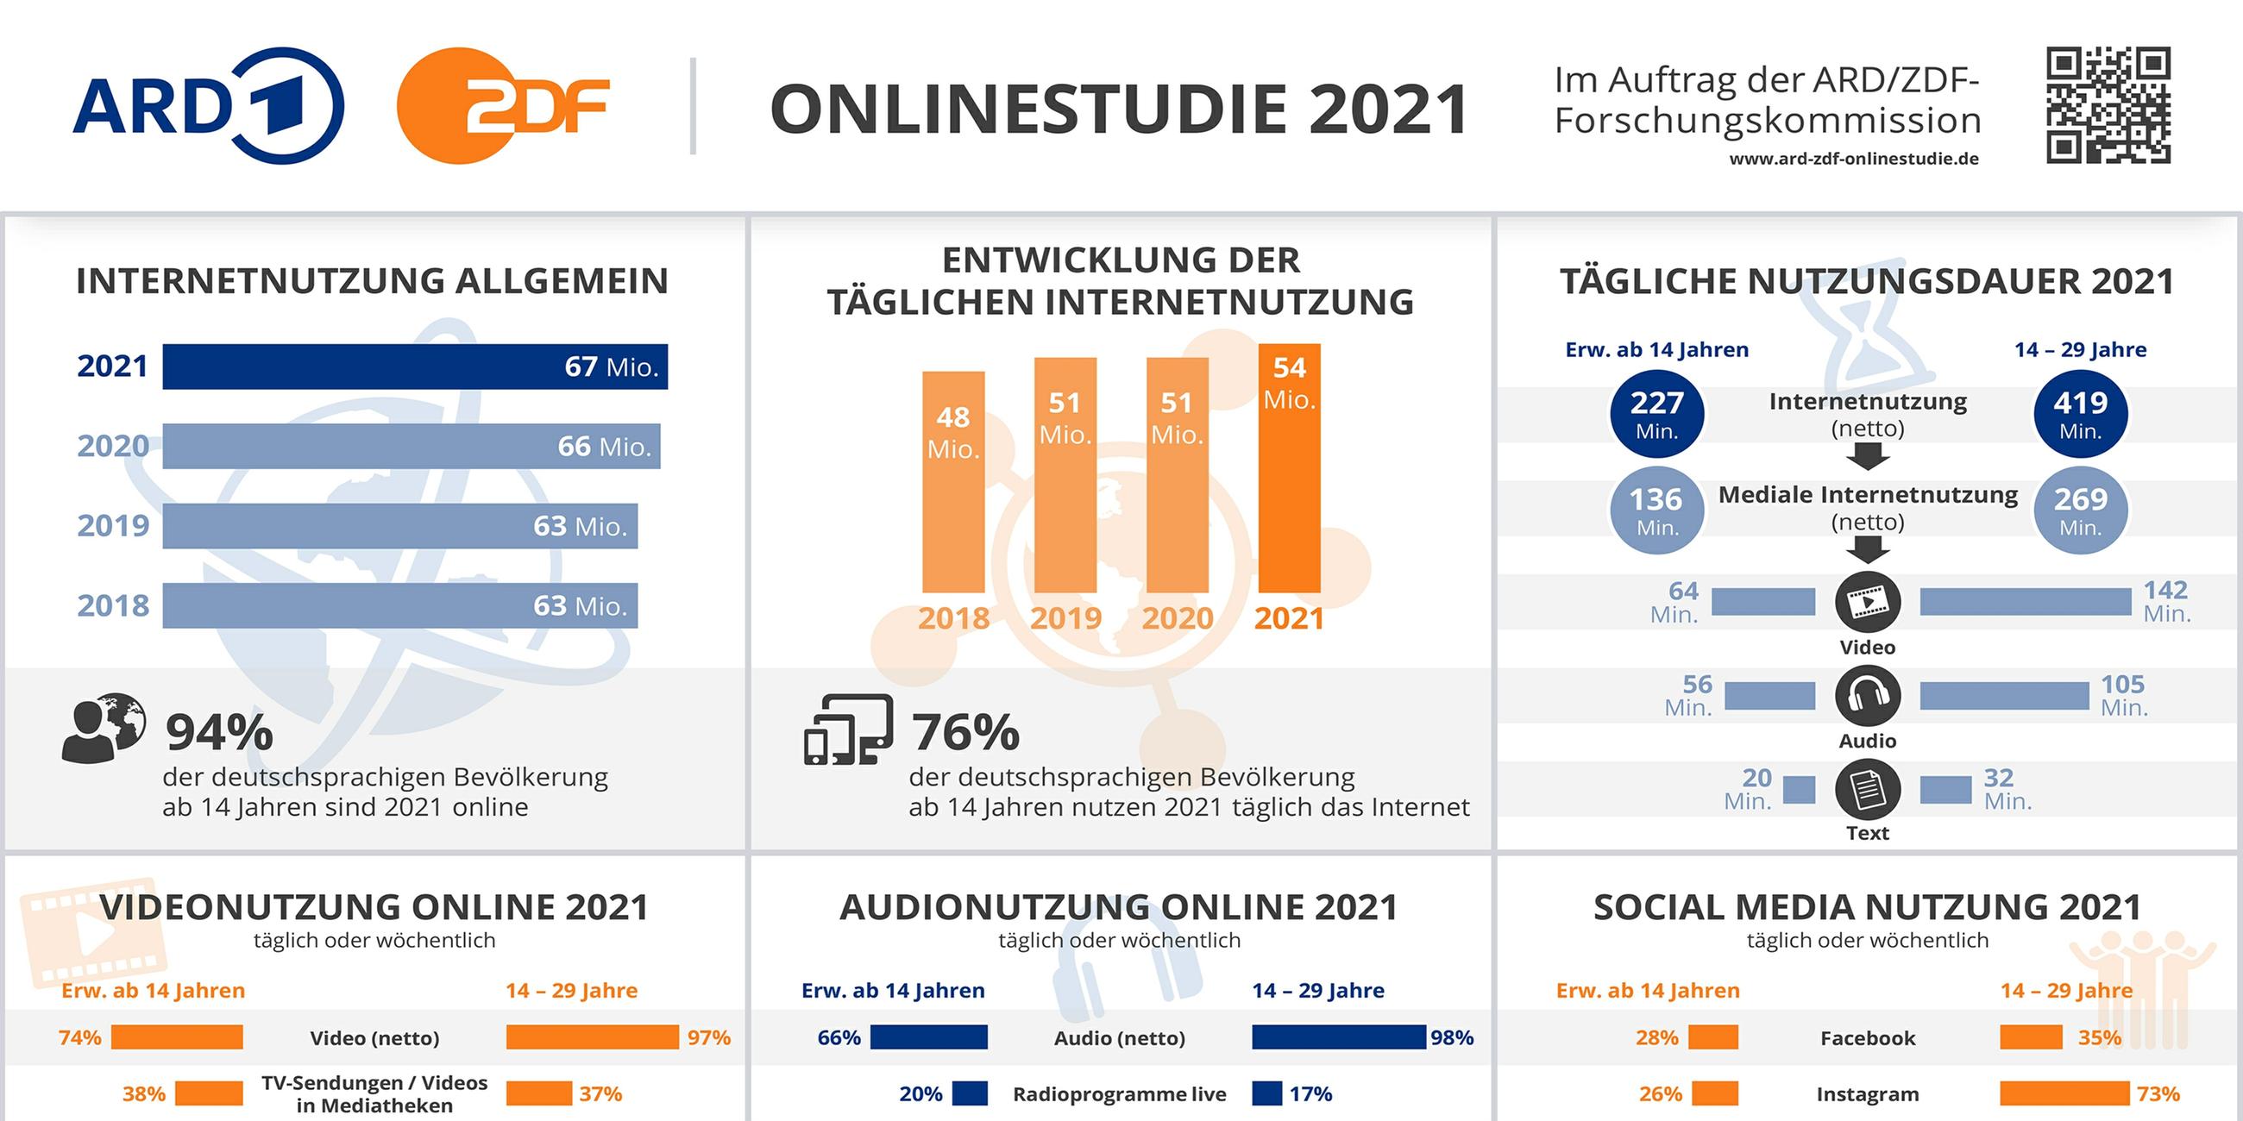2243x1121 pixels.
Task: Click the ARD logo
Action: coord(209,105)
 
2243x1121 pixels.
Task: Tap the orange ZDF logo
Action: coord(502,105)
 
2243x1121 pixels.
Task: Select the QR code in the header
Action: coord(2108,105)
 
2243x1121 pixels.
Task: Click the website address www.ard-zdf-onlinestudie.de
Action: coord(1854,160)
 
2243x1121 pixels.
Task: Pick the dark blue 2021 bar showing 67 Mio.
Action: coord(414,366)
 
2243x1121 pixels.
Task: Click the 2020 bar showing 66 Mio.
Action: coord(411,447)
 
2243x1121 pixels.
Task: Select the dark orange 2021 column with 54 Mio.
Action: coord(1289,467)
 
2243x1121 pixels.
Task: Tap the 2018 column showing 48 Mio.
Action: coord(953,481)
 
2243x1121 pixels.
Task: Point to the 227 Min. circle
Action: coord(1656,414)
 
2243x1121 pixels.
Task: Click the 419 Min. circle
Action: coord(2080,414)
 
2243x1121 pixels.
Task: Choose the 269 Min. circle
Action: coord(2080,510)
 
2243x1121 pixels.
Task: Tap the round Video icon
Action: coord(1868,601)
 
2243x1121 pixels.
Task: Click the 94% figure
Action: coord(219,732)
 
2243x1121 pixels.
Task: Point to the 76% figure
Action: coord(965,732)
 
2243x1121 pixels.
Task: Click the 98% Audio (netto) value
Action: coord(1452,1037)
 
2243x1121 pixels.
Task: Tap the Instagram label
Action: coord(1867,1094)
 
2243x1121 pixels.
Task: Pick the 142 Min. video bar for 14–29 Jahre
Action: coord(2026,601)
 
